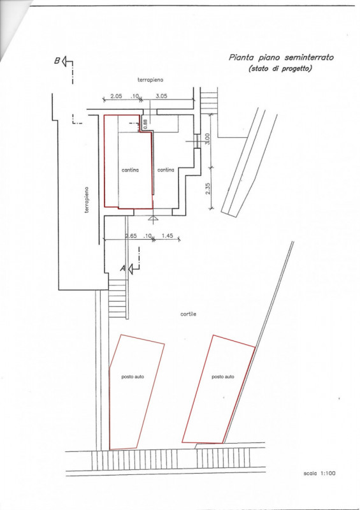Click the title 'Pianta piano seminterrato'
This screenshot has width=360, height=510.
(x=281, y=57)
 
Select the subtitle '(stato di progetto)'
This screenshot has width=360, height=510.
(x=280, y=69)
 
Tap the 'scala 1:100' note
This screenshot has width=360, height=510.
(x=319, y=473)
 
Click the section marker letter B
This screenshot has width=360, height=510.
(x=57, y=61)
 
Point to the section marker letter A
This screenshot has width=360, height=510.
(x=122, y=268)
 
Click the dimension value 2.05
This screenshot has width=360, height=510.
(x=116, y=96)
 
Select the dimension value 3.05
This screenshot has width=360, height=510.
(x=162, y=96)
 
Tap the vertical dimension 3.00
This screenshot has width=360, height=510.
(x=208, y=139)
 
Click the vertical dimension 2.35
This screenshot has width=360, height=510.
(x=208, y=189)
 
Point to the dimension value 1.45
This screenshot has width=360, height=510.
(x=167, y=236)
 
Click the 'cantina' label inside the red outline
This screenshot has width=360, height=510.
(x=130, y=170)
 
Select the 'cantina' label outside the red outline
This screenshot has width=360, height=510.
(x=166, y=170)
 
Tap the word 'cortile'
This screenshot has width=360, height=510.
(x=189, y=314)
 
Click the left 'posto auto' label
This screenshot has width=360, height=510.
(x=133, y=377)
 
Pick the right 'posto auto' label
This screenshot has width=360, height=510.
(x=223, y=377)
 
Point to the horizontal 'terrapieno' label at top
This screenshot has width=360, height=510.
(x=150, y=80)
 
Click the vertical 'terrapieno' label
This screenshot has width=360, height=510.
(x=87, y=200)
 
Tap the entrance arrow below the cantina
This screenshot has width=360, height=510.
(x=152, y=218)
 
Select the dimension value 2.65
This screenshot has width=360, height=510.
(x=131, y=236)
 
